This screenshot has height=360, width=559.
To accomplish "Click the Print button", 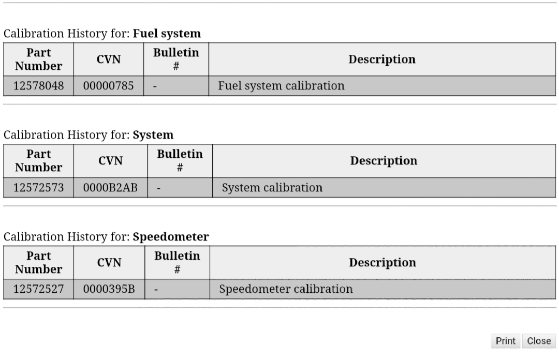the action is click(506, 341).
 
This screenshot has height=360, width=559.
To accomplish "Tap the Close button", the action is click(539, 341).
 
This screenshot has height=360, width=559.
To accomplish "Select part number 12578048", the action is click(38, 86).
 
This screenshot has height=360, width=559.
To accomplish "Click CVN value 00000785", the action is click(108, 86).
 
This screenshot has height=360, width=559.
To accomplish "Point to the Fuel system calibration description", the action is click(281, 86).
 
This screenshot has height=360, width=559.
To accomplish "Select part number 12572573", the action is click(38, 187).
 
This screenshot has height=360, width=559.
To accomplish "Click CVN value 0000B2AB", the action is click(110, 187).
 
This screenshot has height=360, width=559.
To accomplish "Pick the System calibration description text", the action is click(272, 187).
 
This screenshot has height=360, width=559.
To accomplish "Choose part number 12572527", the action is click(38, 289).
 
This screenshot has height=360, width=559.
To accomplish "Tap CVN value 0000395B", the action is click(109, 289).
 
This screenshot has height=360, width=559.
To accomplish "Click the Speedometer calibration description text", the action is click(286, 289).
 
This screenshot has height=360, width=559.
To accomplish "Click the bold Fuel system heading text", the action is click(167, 34).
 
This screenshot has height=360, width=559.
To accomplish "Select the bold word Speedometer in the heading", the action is click(171, 237).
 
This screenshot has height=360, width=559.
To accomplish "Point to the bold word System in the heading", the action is click(153, 135).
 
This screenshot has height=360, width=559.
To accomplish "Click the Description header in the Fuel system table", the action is click(382, 59).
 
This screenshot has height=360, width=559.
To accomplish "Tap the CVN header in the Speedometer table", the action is click(109, 263).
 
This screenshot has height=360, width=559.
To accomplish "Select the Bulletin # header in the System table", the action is click(180, 161).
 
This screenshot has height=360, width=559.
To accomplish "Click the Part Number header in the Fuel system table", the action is click(38, 59).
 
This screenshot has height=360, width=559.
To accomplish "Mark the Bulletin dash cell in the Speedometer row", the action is click(156, 290).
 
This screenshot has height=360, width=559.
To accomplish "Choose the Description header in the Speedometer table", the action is click(383, 263).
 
